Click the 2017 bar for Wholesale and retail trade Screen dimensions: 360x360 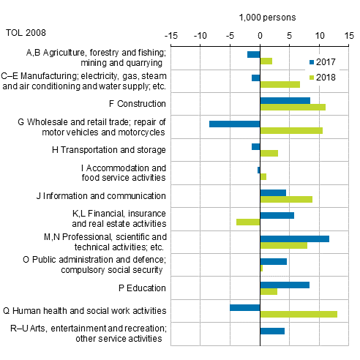coord(234,124)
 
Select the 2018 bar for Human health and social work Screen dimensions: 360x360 coord(299,314)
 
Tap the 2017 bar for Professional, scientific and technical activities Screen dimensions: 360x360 coord(294,239)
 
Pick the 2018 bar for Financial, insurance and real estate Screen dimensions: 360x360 coord(248,222)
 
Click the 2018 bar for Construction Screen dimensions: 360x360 coord(292,108)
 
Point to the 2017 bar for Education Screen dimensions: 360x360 coord(284,285)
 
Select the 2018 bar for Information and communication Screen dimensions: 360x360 coord(285,199)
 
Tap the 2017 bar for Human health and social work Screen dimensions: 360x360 coord(244,307)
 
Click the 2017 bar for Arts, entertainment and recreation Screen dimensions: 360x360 coord(271,331)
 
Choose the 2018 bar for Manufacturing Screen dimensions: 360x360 coord(280,84)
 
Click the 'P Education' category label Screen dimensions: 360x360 coord(138,288)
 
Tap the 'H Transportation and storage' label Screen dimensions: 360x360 coord(113,150)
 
